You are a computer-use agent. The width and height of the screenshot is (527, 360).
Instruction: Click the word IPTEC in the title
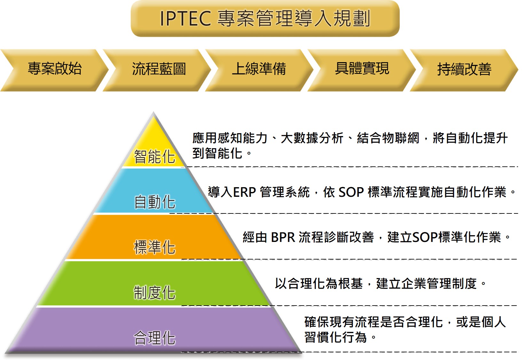(185, 18)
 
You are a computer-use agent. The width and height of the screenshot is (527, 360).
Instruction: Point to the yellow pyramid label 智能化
(154, 156)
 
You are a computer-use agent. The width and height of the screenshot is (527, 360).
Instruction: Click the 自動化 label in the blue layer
(154, 202)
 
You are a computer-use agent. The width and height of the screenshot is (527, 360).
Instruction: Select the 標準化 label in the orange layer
(154, 247)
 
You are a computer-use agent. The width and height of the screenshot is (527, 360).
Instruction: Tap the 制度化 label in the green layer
(154, 293)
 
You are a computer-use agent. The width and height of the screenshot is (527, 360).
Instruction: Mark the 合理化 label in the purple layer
(154, 338)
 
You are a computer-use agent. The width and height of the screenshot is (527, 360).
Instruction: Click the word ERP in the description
(244, 192)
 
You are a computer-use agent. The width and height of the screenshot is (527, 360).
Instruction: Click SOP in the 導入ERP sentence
(351, 192)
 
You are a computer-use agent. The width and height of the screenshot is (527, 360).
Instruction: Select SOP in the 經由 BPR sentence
(425, 237)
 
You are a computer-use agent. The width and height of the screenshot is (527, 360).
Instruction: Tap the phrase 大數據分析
(312, 138)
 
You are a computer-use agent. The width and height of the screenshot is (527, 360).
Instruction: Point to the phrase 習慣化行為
(336, 337)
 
